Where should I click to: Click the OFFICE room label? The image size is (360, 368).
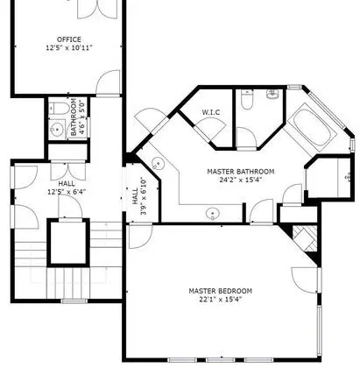(69, 39)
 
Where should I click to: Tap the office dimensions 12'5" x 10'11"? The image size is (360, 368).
(69, 47)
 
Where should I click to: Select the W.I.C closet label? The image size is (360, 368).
(211, 112)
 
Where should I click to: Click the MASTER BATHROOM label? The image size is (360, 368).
(241, 172)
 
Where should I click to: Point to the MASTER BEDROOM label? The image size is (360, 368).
(220, 291)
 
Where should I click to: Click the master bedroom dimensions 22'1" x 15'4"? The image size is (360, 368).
(220, 299)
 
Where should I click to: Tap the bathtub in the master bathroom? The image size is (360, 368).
(312, 130)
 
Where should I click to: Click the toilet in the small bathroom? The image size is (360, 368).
(59, 109)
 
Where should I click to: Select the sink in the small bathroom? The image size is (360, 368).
(56, 128)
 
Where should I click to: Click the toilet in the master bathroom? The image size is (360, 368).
(247, 99)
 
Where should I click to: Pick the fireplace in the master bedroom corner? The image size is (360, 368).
(305, 239)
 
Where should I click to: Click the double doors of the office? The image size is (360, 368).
(97, 10)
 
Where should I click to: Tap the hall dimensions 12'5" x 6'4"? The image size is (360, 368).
(67, 192)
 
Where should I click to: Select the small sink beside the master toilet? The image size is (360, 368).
(272, 94)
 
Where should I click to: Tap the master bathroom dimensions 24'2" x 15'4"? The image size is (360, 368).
(241, 180)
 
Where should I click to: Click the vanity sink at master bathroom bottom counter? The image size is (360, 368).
(213, 213)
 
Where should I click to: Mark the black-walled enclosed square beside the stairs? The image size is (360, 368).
(68, 243)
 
